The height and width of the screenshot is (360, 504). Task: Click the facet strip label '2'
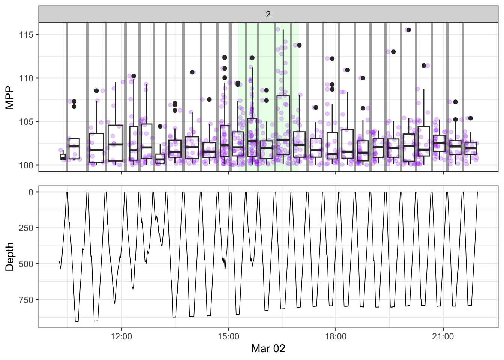click(268, 14)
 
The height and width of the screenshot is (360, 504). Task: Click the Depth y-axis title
click(10, 256)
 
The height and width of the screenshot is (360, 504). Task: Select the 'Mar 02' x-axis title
click(268, 348)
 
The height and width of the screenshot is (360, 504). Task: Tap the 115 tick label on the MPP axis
click(26, 35)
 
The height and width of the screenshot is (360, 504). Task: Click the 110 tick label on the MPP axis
click(26, 78)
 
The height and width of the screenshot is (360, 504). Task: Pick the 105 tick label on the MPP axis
click(26, 122)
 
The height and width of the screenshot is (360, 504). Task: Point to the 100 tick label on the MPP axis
click(26, 165)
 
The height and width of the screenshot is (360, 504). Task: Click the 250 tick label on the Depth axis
click(26, 228)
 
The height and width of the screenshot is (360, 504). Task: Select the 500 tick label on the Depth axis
click(26, 264)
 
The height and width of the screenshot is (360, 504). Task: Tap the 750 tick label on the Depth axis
click(26, 300)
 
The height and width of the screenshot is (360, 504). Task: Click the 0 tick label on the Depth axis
click(31, 192)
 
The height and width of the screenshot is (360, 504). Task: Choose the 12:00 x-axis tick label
click(121, 336)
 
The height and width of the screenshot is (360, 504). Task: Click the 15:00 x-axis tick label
click(228, 336)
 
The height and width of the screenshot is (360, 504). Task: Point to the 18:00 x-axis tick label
click(336, 336)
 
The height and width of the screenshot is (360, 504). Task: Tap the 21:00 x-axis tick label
click(443, 336)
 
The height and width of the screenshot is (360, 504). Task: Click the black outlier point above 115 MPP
click(409, 30)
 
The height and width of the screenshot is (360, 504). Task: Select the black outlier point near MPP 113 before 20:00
click(393, 52)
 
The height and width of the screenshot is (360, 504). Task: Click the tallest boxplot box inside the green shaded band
click(283, 125)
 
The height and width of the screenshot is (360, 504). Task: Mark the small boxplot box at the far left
click(63, 157)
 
